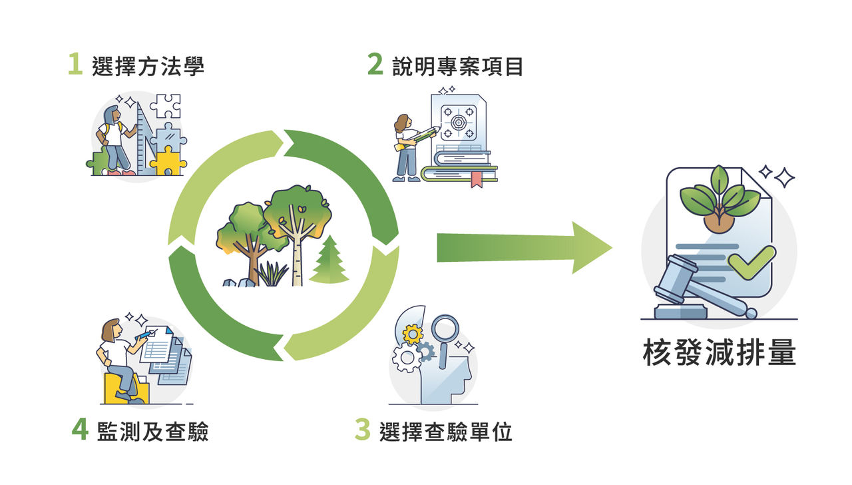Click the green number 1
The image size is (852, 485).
(75, 64)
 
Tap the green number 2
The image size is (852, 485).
(375, 64)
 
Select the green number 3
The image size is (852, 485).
(363, 430)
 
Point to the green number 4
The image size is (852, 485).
(80, 429)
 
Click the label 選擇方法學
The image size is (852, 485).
(148, 66)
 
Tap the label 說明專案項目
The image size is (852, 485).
(457, 66)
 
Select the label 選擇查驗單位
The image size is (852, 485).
(446, 432)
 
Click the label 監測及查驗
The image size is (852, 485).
(153, 432)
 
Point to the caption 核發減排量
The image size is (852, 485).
(720, 352)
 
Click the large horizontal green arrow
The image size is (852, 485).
(524, 248)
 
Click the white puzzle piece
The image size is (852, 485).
(166, 106)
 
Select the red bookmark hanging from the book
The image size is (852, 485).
(477, 179)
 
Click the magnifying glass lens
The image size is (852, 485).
(445, 329)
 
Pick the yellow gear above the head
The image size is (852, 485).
(413, 334)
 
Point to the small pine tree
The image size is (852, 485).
(329, 260)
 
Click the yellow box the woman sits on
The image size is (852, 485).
(126, 388)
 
